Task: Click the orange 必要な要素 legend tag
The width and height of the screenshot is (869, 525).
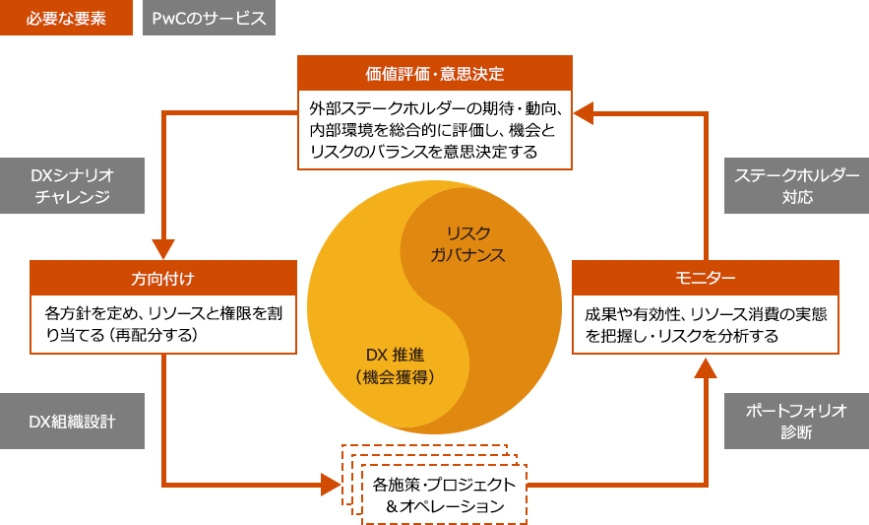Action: [x=66, y=19]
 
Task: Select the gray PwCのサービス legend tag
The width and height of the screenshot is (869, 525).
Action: [x=209, y=19]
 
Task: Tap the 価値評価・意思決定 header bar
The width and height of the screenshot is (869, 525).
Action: [x=434, y=73]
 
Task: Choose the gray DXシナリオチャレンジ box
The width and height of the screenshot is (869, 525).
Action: [x=73, y=186]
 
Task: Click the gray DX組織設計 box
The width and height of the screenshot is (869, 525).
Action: [x=73, y=422]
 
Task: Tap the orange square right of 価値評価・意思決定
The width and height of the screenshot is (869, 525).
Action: [x=585, y=111]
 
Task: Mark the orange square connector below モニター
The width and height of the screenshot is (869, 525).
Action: [x=705, y=366]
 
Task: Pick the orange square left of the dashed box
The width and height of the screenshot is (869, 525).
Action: [x=332, y=485]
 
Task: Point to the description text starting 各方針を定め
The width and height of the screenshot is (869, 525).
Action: [x=162, y=324]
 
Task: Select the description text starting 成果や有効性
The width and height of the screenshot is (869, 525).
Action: [x=705, y=324]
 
